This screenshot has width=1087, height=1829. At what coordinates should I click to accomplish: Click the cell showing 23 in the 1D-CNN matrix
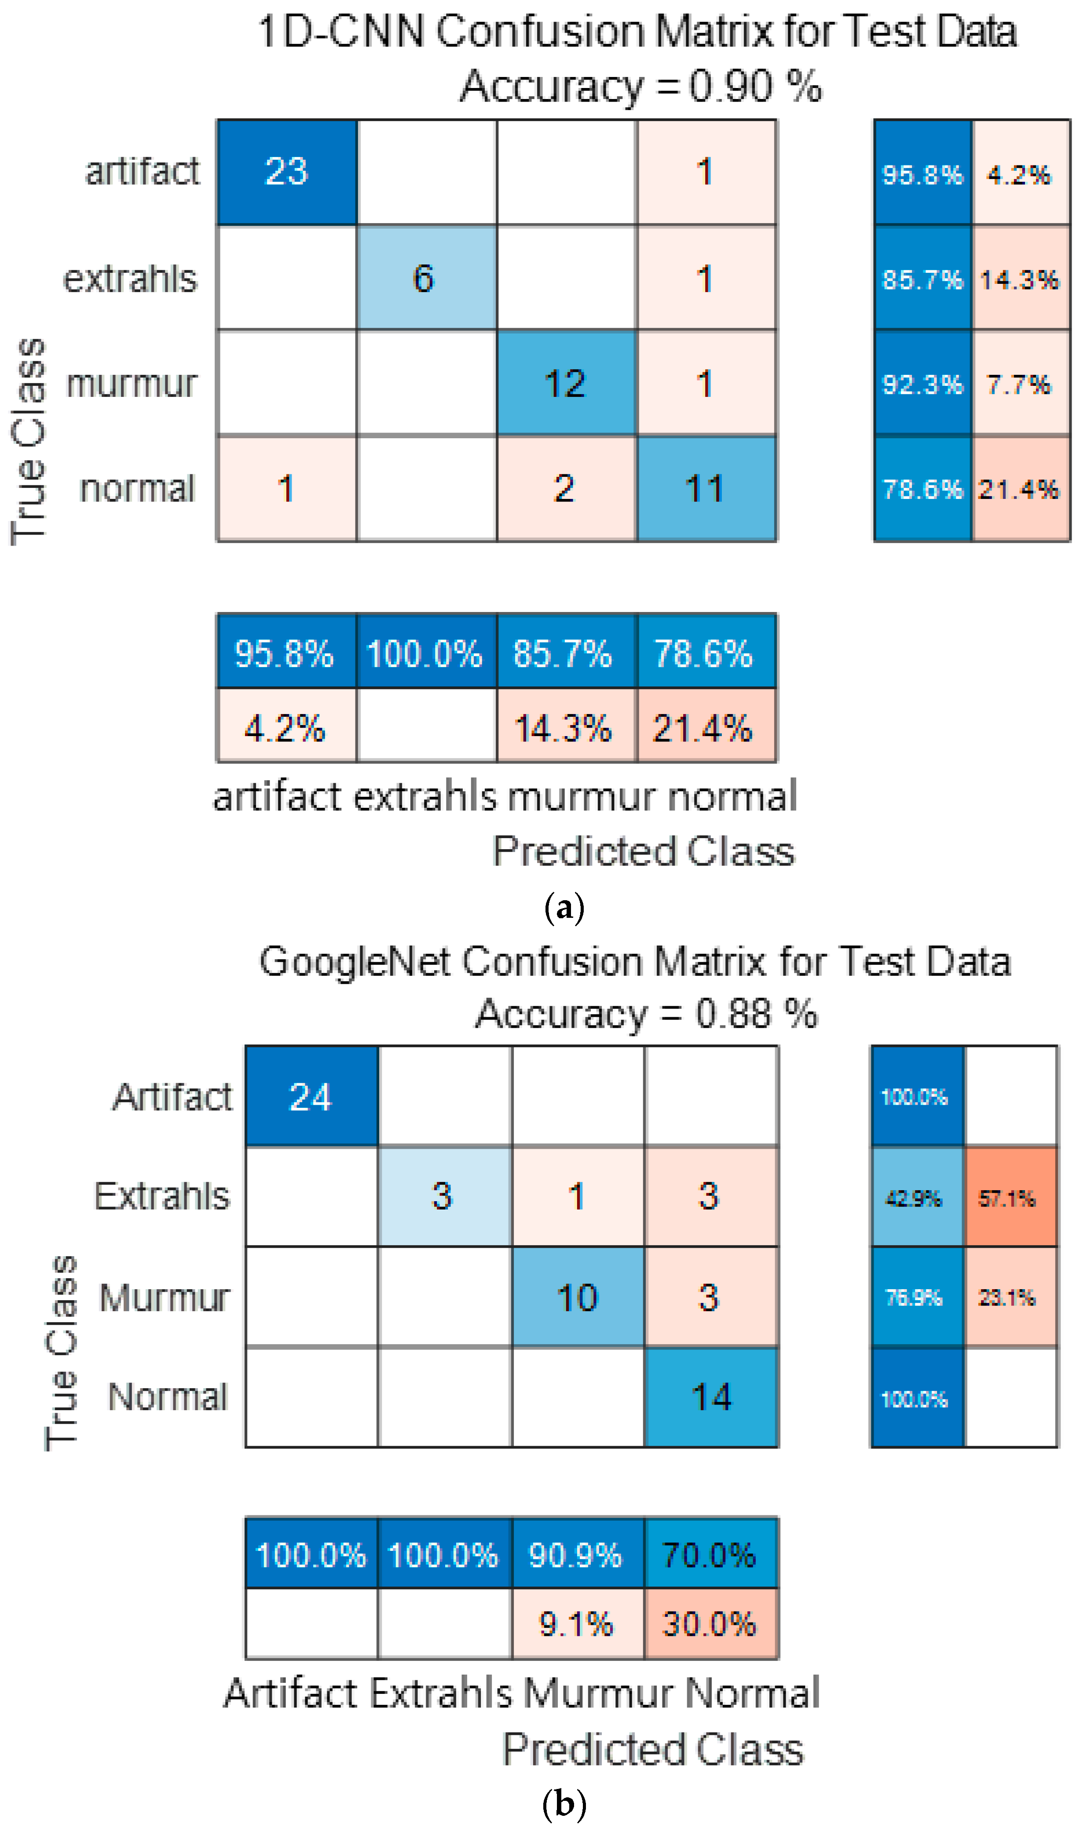(x=286, y=172)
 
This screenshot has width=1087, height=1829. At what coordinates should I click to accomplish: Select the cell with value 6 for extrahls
(x=426, y=278)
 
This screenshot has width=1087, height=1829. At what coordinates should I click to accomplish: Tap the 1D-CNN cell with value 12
(x=566, y=383)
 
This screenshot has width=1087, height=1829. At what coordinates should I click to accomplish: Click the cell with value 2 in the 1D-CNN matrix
(x=566, y=488)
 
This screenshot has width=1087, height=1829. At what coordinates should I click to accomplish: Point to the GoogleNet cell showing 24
(x=311, y=1096)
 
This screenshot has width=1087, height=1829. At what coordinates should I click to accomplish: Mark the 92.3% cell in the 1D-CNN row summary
(x=922, y=383)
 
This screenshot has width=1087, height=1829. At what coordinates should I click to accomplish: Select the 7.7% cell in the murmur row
(x=1020, y=383)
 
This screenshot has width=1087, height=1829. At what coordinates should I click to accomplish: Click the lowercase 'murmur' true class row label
(x=132, y=383)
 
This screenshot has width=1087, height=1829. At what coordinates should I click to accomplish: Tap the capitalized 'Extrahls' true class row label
(x=163, y=1197)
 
